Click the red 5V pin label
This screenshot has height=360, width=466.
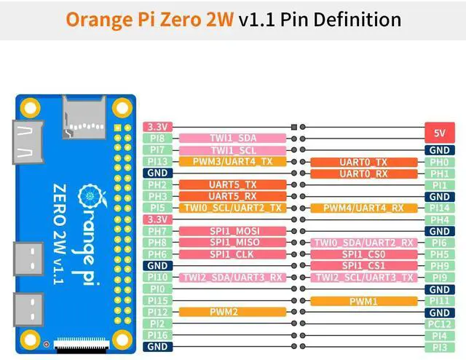tap(439, 133)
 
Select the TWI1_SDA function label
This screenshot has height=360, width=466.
tap(232, 138)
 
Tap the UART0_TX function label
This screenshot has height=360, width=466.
tap(363, 162)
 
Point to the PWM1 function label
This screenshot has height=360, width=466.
tap(363, 301)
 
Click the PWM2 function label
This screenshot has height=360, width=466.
tap(232, 312)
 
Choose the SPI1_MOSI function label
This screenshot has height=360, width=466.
tap(232, 231)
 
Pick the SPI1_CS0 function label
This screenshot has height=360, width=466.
tap(363, 254)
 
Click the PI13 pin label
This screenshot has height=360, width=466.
tap(158, 162)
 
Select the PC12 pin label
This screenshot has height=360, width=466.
tap(439, 324)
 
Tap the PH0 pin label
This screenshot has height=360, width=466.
tap(439, 162)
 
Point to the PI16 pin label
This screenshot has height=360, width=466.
tap(158, 335)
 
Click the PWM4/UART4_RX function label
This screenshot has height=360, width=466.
tap(363, 208)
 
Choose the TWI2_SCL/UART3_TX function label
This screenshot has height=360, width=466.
tap(363, 278)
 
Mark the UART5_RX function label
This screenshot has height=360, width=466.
tap(232, 196)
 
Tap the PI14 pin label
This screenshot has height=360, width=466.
tap(439, 208)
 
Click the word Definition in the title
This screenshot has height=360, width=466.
tap(358, 19)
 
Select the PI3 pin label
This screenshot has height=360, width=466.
tap(439, 347)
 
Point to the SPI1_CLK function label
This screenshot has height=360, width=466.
tap(232, 254)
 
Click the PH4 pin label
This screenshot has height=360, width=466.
tap(439, 219)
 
